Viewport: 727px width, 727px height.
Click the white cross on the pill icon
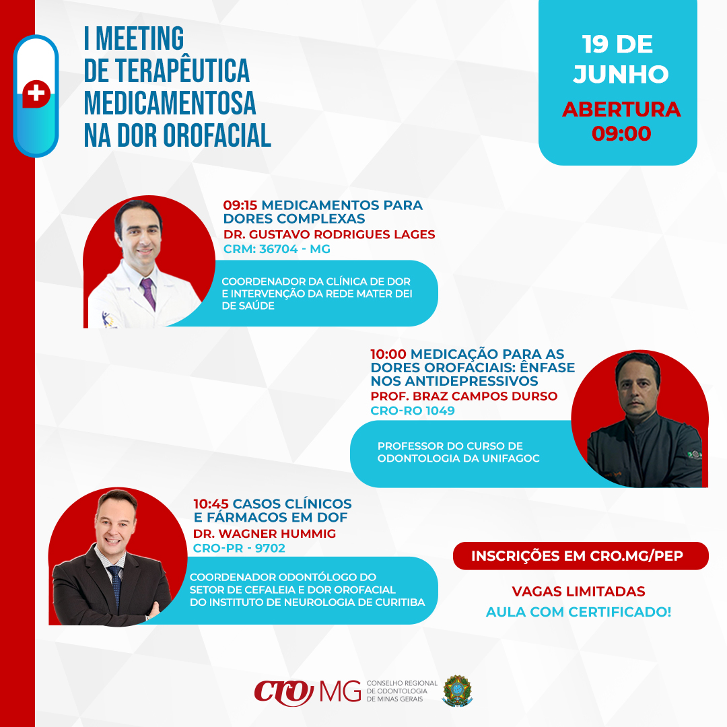pyautogui.click(x=36, y=93)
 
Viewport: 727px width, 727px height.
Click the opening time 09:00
pyautogui.click(x=621, y=133)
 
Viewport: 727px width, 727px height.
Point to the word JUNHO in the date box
pyautogui.click(x=621, y=74)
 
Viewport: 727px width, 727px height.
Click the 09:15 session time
pyautogui.click(x=240, y=205)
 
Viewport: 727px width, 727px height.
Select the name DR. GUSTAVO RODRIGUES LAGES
pyautogui.click(x=329, y=234)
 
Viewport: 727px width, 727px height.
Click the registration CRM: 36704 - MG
pyautogui.click(x=277, y=249)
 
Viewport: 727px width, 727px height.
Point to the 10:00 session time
pyautogui.click(x=388, y=354)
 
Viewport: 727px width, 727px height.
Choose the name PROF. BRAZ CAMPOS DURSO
pyautogui.click(x=464, y=396)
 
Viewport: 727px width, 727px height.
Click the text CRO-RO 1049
pyautogui.click(x=413, y=411)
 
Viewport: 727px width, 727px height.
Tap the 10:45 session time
pyautogui.click(x=211, y=504)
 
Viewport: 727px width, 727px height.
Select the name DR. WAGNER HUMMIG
pyautogui.click(x=265, y=534)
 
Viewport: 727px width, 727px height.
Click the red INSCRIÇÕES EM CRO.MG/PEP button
pyautogui.click(x=580, y=555)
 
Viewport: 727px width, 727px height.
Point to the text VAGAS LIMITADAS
pyautogui.click(x=578, y=591)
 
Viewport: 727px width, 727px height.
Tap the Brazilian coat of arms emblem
pyautogui.click(x=457, y=691)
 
